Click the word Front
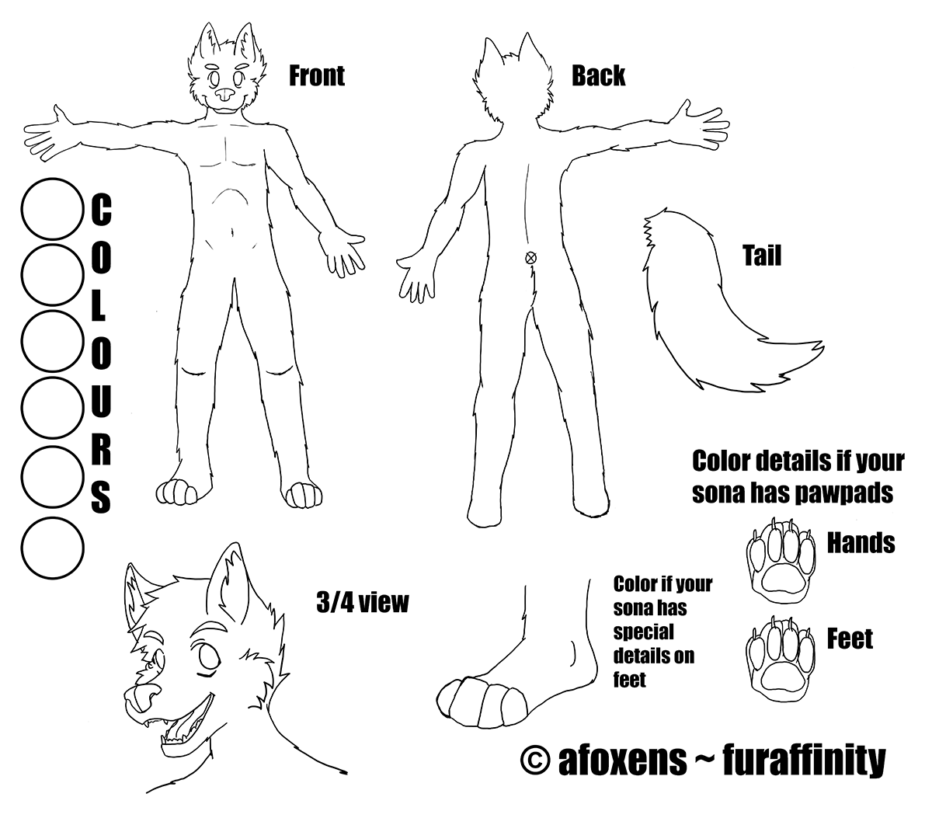pyautogui.click(x=317, y=76)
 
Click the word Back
pyautogui.click(x=598, y=76)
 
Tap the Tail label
pyautogui.click(x=762, y=256)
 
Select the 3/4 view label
pyautogui.click(x=363, y=602)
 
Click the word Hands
pyautogui.click(x=861, y=542)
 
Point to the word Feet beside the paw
pyautogui.click(x=850, y=639)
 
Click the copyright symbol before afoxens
pyautogui.click(x=535, y=761)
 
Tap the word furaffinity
pyautogui.click(x=804, y=761)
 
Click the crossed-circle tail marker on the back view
pyautogui.click(x=530, y=257)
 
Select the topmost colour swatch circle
pyautogui.click(x=53, y=209)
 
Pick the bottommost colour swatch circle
pyautogui.click(x=53, y=548)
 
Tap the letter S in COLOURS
pyautogui.click(x=102, y=497)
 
